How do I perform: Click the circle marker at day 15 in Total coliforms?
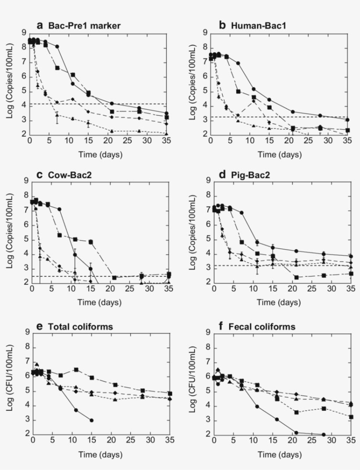click(x=91, y=420)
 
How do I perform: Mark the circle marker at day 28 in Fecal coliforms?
click(x=324, y=434)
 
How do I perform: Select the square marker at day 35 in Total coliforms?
click(x=169, y=394)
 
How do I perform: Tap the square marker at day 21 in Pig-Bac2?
click(x=296, y=277)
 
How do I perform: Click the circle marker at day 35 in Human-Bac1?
click(x=347, y=120)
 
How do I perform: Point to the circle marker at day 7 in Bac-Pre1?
click(x=57, y=46)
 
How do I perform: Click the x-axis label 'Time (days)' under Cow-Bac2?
click(x=100, y=302)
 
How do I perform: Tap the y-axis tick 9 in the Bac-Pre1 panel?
click(x=23, y=32)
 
